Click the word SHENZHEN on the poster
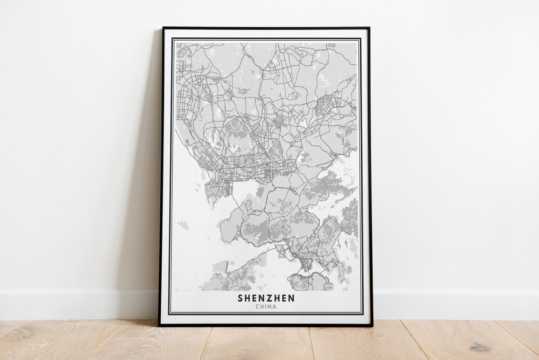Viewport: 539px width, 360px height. pyautogui.click(x=266, y=298)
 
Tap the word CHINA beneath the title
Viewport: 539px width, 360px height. pyautogui.click(x=266, y=307)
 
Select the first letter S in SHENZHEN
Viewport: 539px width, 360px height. pyautogui.click(x=240, y=298)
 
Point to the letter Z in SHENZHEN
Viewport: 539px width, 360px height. pyautogui.click(x=269, y=298)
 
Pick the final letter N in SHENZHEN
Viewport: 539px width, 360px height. pyautogui.click(x=291, y=298)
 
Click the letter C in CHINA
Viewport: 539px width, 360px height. pyautogui.click(x=257, y=307)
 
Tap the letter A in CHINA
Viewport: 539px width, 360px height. pyautogui.click(x=275, y=307)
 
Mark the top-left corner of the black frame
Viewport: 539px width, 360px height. pyautogui.click(x=163, y=28)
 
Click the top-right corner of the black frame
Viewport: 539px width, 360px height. pyautogui.click(x=369, y=28)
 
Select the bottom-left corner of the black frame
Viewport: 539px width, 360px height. pyautogui.click(x=159, y=325)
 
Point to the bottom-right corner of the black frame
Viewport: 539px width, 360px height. pyautogui.click(x=372, y=325)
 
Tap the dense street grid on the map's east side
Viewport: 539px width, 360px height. pyautogui.click(x=327, y=105)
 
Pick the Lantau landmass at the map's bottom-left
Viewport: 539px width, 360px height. pyautogui.click(x=232, y=279)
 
